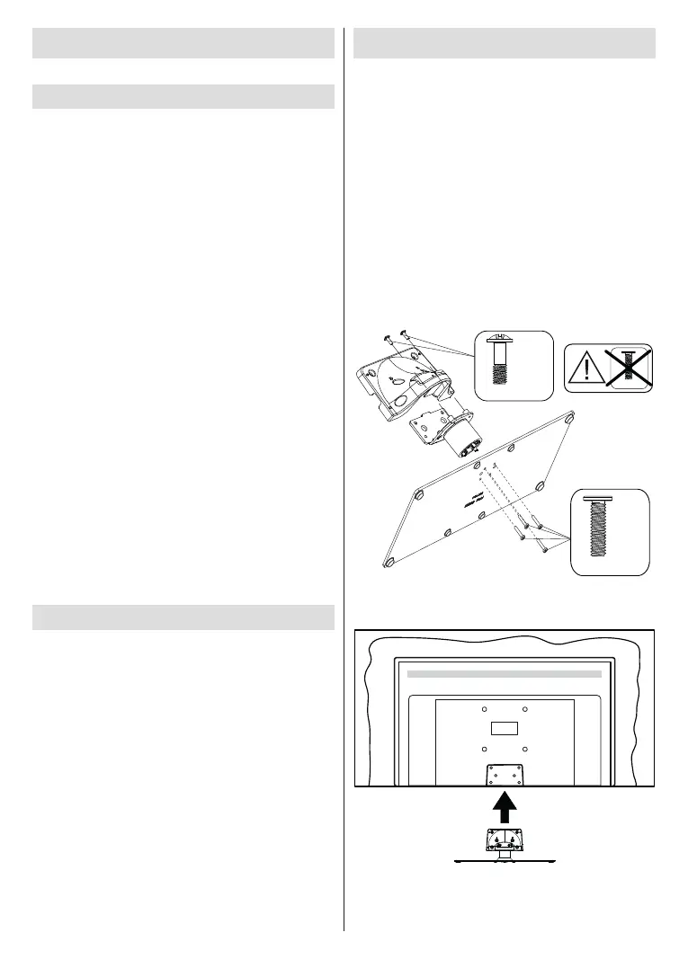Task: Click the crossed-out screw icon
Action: [x=629, y=368]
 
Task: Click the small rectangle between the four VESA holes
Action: [x=504, y=727]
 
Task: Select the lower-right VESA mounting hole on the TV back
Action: [x=525, y=749]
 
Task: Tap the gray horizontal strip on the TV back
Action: [x=504, y=672]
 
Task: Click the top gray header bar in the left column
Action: [x=183, y=43]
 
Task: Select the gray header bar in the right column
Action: [x=505, y=43]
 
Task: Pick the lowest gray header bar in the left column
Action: [x=183, y=618]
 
